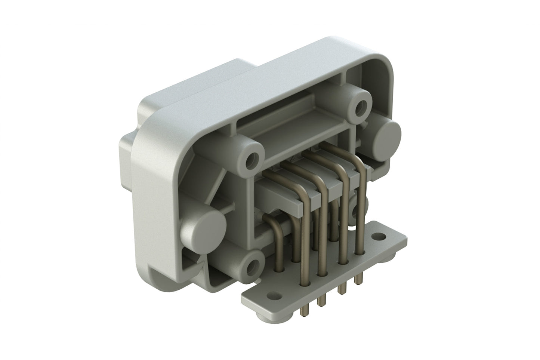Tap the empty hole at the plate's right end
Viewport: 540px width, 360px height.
380,236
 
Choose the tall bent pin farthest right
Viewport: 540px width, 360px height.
361,209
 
